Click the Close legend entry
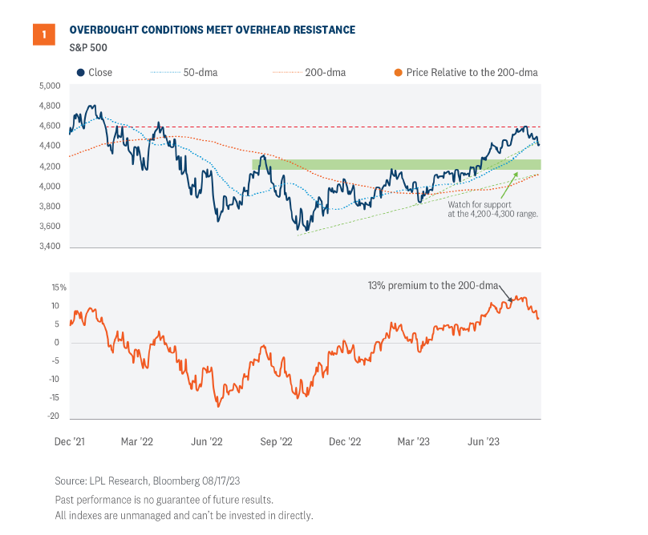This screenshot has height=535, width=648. (95, 72)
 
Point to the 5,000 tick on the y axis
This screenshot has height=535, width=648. (50, 86)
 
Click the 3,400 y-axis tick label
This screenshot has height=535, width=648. (50, 247)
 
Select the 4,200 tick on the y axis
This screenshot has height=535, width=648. (50, 167)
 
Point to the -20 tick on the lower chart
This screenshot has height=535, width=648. (55, 416)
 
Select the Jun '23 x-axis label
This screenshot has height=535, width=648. (484, 441)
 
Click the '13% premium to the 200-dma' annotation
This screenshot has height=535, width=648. (433, 285)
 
